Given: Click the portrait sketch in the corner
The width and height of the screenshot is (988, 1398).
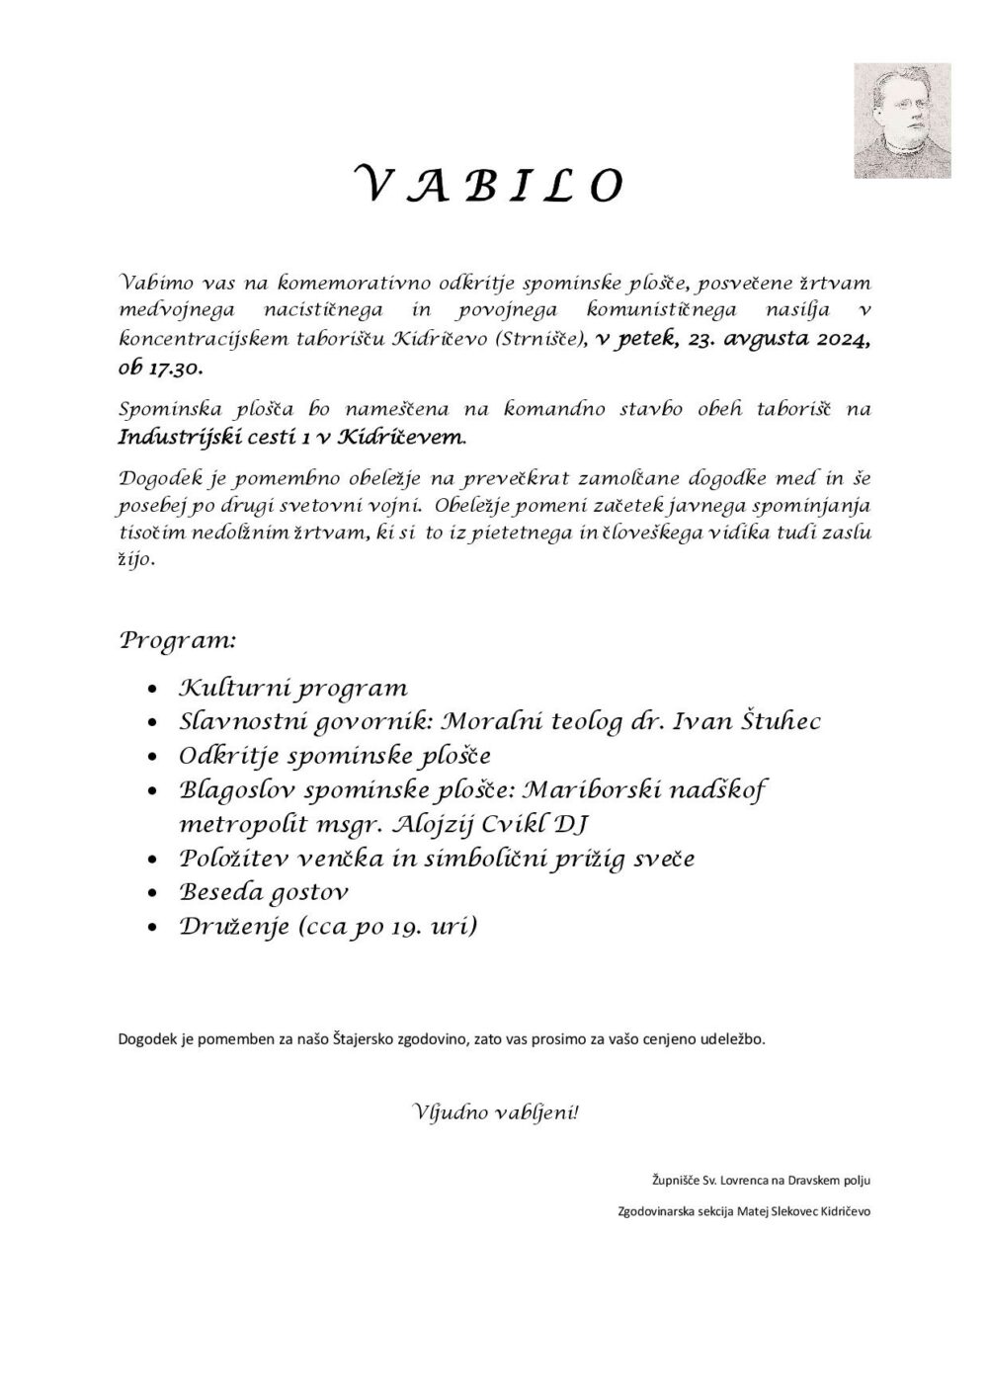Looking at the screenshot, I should click(902, 120).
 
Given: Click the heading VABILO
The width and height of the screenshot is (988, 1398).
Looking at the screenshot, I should click(489, 186).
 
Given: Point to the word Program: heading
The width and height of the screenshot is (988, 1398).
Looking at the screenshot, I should click(178, 639).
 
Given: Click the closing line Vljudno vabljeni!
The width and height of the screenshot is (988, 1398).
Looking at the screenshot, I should click(494, 1112).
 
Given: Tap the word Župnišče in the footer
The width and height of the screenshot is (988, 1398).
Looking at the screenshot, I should click(674, 1180).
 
